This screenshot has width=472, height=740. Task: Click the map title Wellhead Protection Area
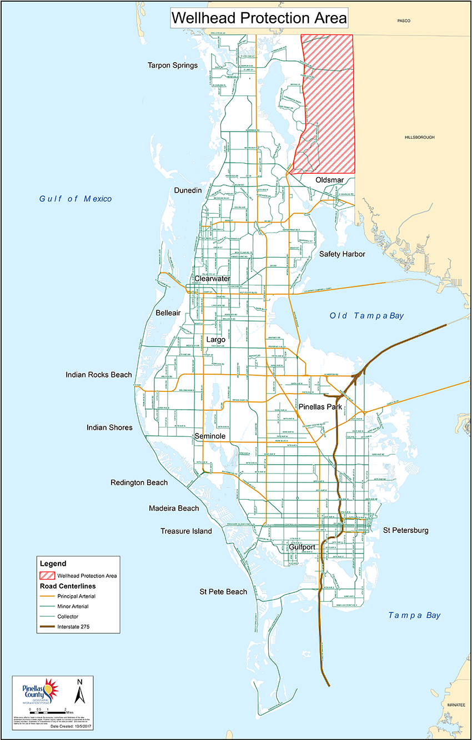click(x=259, y=18)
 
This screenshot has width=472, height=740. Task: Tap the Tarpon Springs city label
click(x=173, y=66)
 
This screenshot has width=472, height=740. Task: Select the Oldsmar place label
click(x=330, y=180)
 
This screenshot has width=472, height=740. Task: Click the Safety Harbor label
click(x=342, y=254)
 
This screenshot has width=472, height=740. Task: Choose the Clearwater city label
click(x=212, y=278)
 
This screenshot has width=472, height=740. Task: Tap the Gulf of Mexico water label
click(x=76, y=199)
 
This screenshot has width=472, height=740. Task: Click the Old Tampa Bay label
click(x=366, y=316)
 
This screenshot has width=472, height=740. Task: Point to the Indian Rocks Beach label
click(x=99, y=375)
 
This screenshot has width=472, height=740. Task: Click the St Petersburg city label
click(x=406, y=531)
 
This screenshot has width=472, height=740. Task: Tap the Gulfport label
click(x=302, y=547)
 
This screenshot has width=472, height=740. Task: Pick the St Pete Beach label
click(x=223, y=592)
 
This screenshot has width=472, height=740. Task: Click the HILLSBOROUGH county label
click(x=419, y=137)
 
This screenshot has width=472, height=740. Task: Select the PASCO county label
click(x=404, y=21)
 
